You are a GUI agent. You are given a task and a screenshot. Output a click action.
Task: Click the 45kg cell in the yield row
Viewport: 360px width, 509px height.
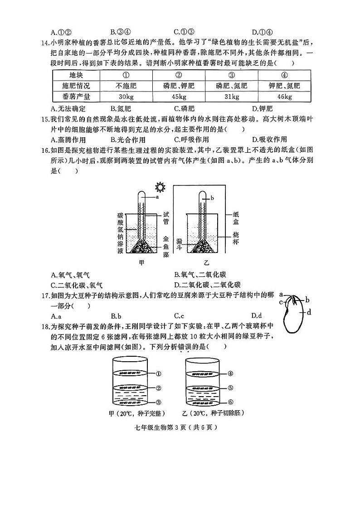coord(179,97)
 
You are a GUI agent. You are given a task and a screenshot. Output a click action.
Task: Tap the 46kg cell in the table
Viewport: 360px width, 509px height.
coord(284,97)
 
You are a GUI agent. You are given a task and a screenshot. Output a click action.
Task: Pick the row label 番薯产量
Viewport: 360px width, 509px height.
coord(76,97)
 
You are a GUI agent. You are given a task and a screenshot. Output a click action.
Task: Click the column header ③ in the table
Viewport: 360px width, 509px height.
coord(232,75)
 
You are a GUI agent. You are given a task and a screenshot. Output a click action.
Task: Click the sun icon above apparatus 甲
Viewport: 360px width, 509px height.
coord(159,187)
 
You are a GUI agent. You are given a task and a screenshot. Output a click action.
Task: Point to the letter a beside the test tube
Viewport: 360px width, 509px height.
coord(157,197)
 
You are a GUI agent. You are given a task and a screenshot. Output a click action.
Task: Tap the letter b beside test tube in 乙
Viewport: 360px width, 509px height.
coord(212,199)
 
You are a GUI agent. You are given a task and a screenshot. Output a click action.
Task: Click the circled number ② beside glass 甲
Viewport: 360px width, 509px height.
coord(158,388)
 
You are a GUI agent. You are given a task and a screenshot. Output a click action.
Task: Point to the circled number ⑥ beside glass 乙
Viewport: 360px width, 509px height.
coord(230,402)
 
